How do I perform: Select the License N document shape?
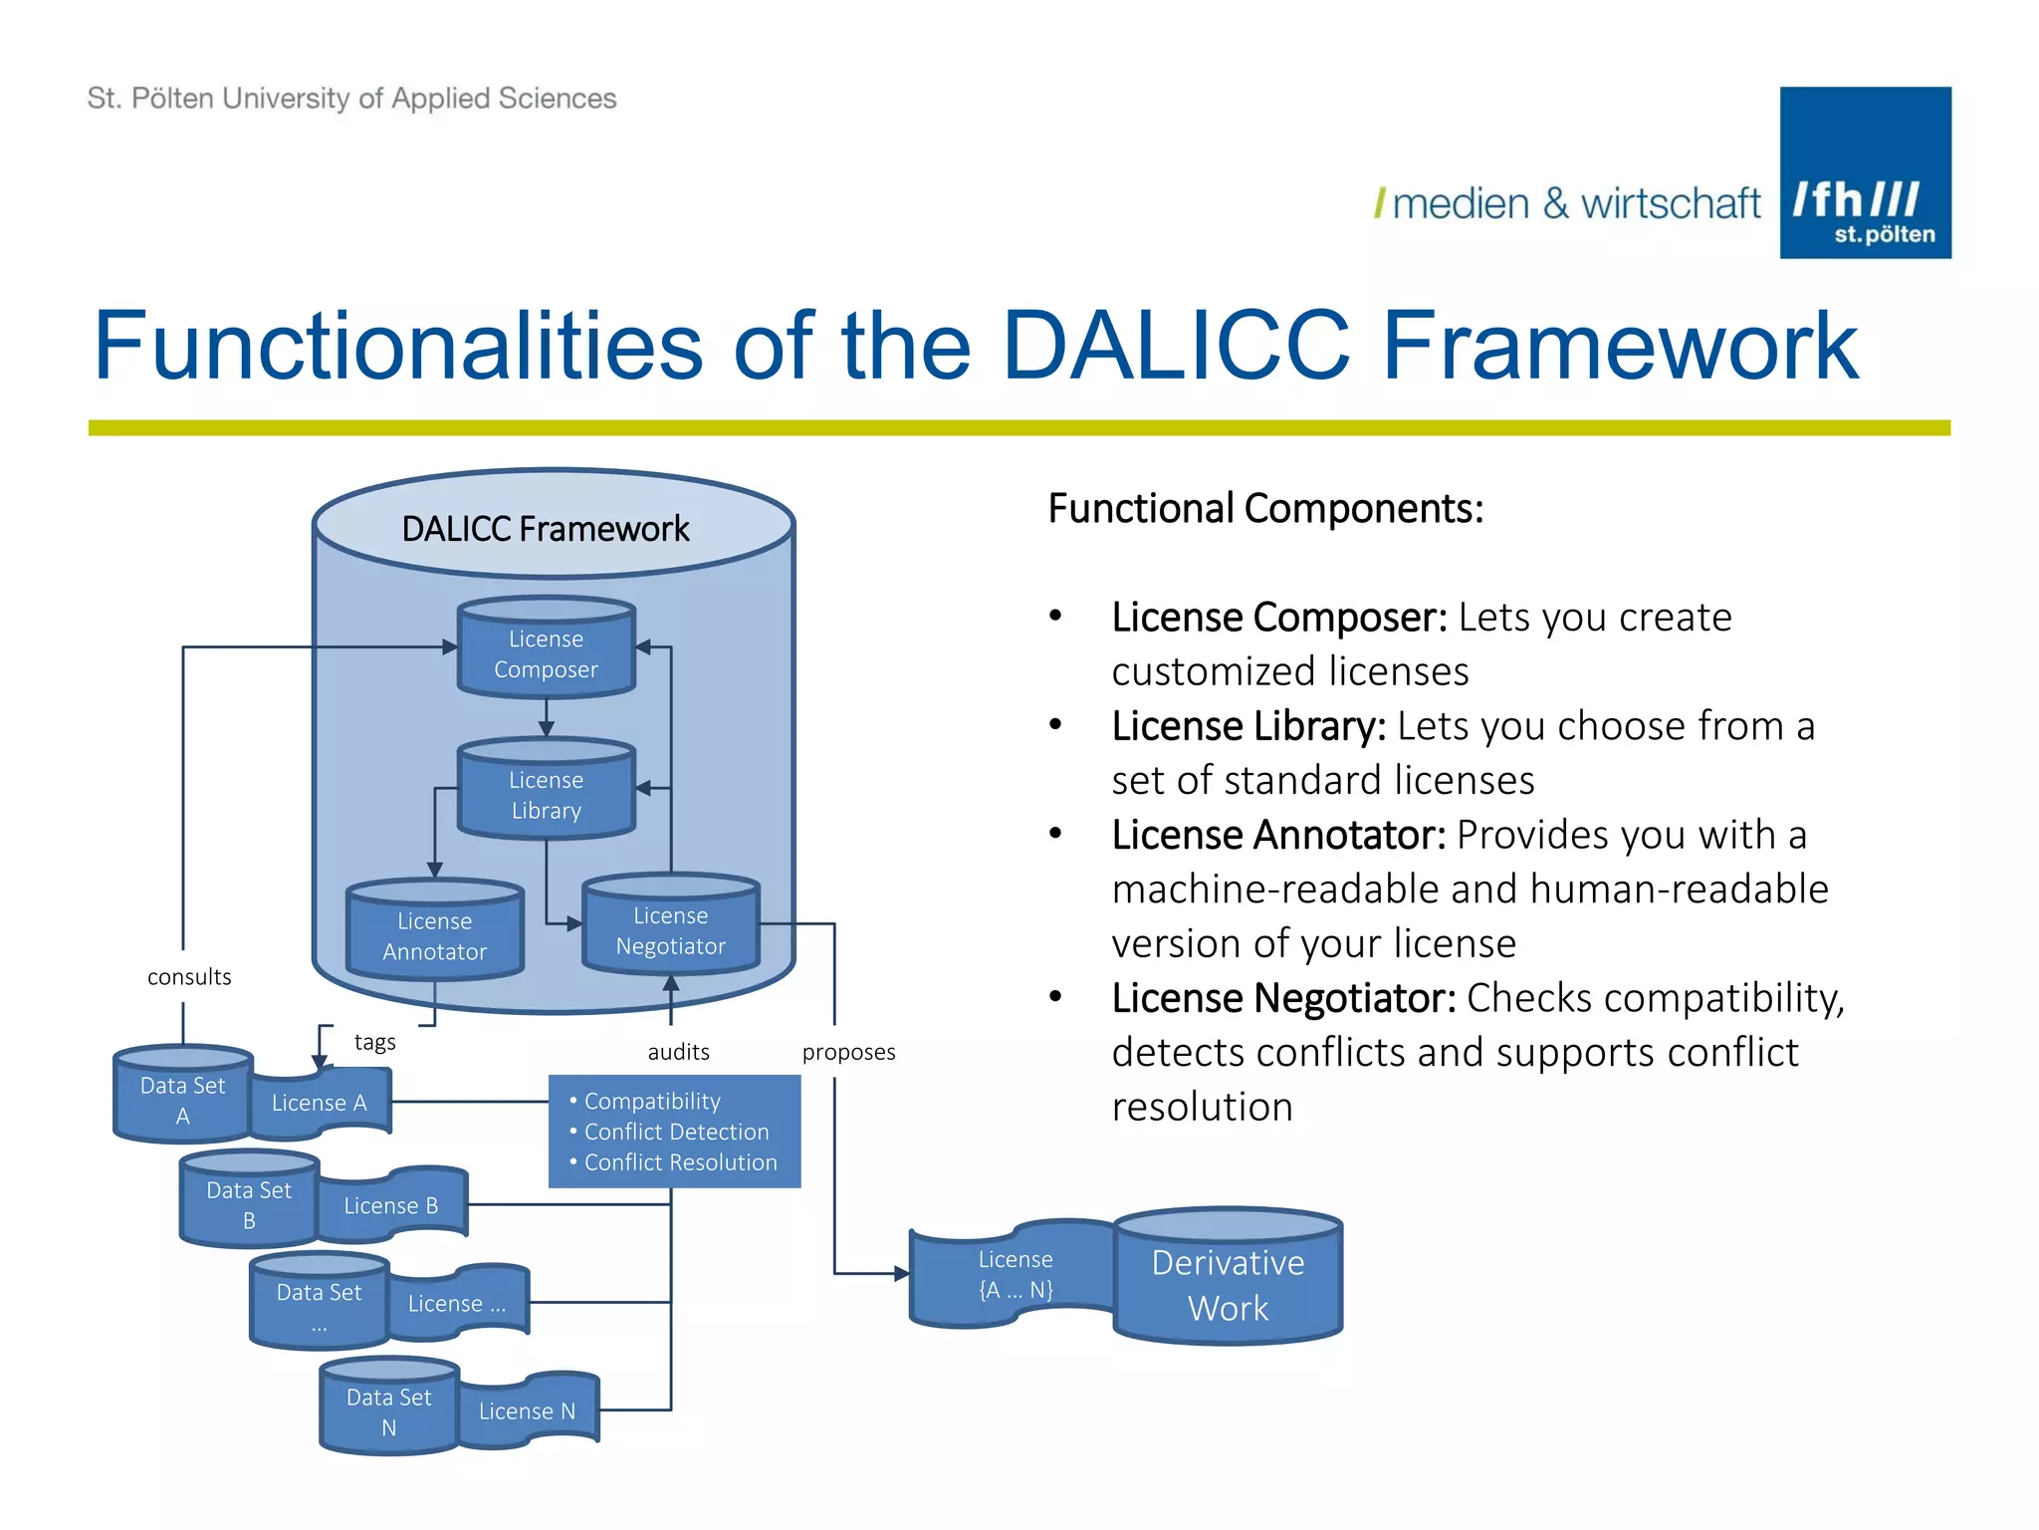(x=527, y=1410)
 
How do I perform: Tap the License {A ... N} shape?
(x=1014, y=1274)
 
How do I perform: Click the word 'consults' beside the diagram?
(x=189, y=977)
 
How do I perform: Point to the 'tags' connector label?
(x=374, y=1042)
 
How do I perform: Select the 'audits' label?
(x=678, y=1052)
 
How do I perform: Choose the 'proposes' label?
(x=848, y=1052)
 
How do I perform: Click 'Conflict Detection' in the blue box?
(x=676, y=1132)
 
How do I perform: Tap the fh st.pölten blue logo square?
(x=1865, y=172)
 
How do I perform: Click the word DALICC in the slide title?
(x=1176, y=346)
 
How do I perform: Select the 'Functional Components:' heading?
(x=1265, y=508)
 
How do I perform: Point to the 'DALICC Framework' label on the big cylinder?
(x=545, y=528)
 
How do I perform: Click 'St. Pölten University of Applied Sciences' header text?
(x=351, y=99)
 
